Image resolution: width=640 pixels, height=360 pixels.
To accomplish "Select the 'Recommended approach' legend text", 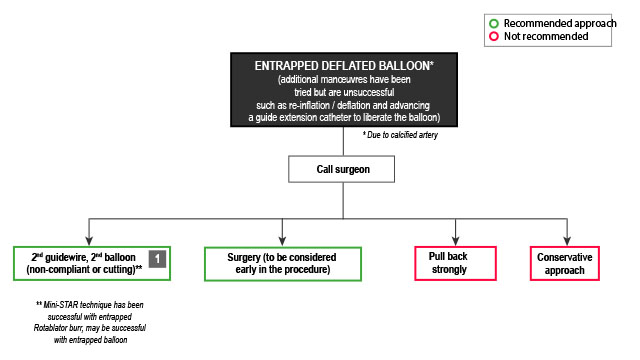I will [561, 22].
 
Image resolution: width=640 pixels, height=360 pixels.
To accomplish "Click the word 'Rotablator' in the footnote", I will [54, 326].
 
